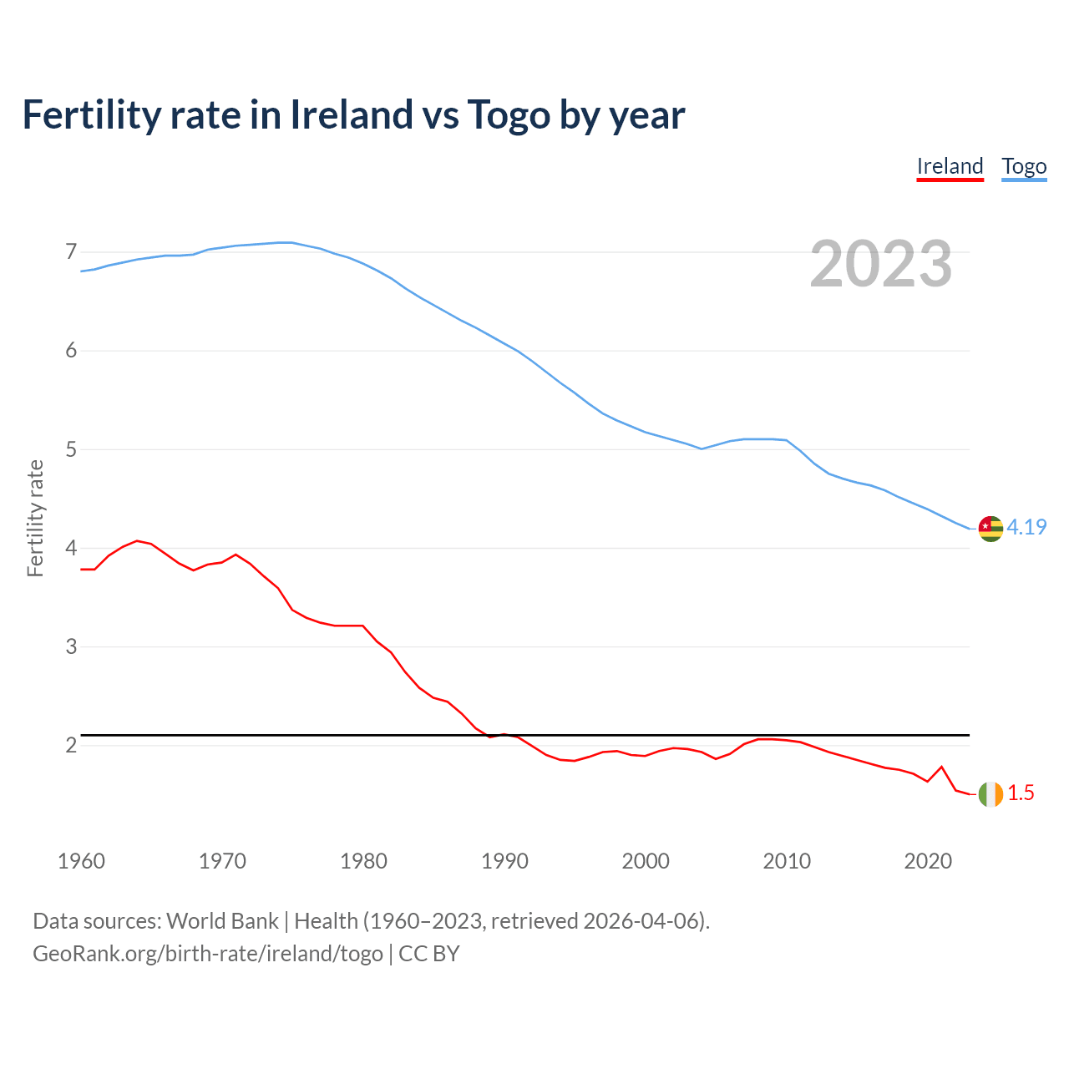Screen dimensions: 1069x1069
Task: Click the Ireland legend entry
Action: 950,166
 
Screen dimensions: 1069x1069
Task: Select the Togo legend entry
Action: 1024,166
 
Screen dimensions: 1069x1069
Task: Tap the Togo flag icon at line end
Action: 990,528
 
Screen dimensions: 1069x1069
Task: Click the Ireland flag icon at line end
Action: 990,793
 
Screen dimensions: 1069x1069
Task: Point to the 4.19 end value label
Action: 1026,527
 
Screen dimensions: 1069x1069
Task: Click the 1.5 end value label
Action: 1021,793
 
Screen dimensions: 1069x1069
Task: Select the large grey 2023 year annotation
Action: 880,264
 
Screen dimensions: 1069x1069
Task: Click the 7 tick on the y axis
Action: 71,252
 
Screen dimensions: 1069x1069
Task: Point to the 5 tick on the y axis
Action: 71,450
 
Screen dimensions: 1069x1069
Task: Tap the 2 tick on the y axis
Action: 71,745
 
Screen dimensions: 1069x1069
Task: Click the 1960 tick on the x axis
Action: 81,861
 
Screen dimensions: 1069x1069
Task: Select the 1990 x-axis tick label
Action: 504,861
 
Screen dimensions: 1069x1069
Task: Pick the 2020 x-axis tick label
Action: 928,861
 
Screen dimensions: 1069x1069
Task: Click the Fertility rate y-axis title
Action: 35,518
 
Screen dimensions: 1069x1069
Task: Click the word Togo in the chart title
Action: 508,114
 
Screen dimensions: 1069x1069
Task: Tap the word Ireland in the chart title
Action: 351,114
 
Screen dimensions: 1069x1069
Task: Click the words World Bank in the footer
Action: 222,921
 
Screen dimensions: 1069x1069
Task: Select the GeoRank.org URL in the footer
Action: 207,954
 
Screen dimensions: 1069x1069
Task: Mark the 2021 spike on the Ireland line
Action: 941,767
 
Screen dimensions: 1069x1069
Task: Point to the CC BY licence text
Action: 429,954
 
